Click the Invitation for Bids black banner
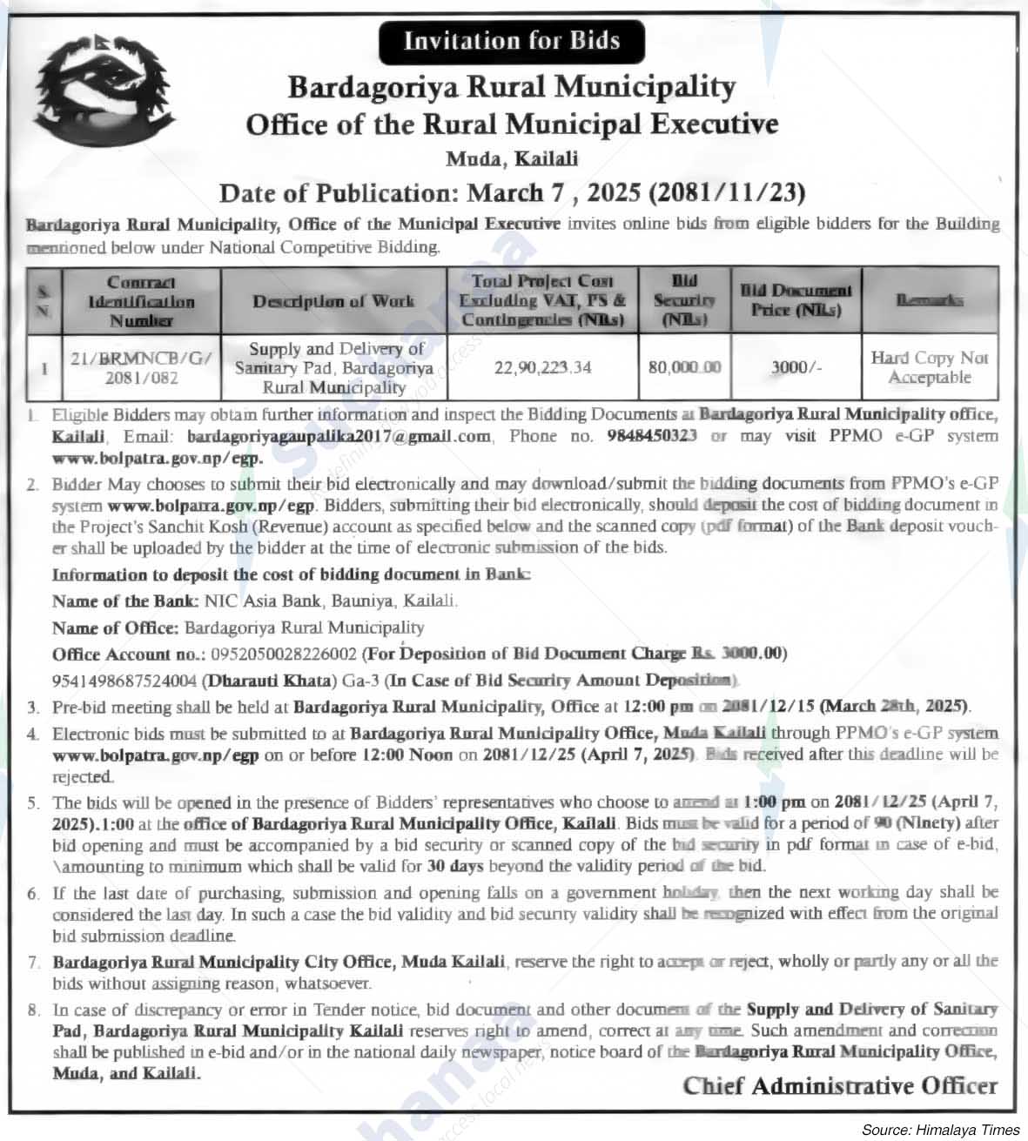[x=512, y=41]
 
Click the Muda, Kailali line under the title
[x=512, y=158]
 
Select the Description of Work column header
[x=333, y=301]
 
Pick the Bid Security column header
[x=684, y=300]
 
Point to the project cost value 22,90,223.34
[x=542, y=367]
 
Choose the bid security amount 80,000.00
[x=684, y=367]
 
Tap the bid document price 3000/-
[x=796, y=367]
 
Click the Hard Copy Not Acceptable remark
[x=930, y=367]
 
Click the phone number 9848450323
[x=652, y=436]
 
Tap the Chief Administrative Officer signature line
[x=840, y=1085]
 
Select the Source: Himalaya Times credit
[x=940, y=1130]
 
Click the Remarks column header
[x=930, y=300]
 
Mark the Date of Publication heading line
[x=512, y=192]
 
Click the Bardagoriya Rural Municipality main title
[x=512, y=87]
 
